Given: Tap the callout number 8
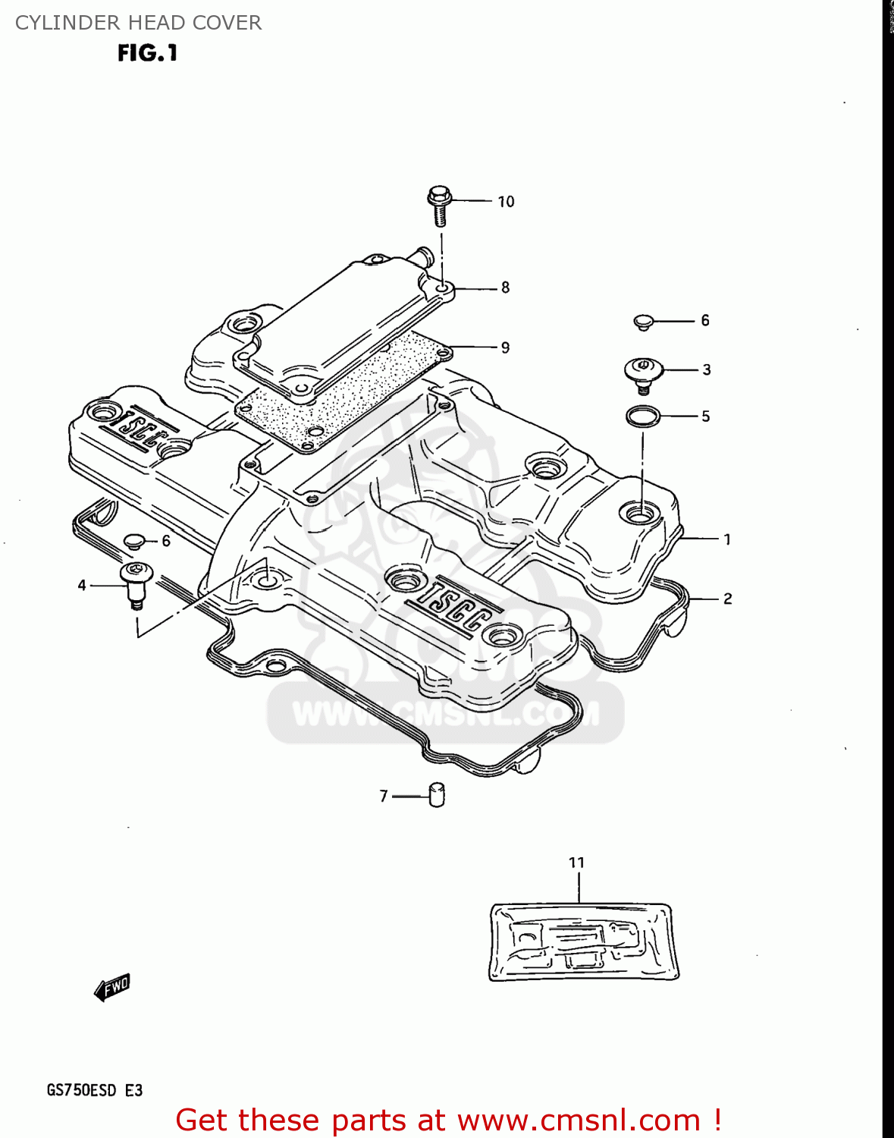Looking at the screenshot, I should [x=505, y=288].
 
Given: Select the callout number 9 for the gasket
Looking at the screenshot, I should [x=505, y=347].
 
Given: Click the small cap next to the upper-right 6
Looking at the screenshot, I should [x=644, y=322].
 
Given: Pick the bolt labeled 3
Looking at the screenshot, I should [x=643, y=373].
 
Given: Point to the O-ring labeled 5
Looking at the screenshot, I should [x=643, y=416].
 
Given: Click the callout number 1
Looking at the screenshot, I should [x=727, y=539].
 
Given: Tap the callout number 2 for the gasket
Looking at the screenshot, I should [x=727, y=599].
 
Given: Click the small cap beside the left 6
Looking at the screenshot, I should [x=134, y=541].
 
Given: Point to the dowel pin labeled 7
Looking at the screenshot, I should [x=437, y=794].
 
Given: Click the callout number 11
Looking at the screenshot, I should [x=577, y=863].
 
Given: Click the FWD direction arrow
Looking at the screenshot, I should [x=111, y=988].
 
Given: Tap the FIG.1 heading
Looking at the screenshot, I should [x=147, y=53].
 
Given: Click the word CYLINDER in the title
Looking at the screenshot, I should [x=56, y=23].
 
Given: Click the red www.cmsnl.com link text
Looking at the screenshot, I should [x=579, y=1121].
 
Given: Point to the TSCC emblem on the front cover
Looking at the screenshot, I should [x=450, y=604].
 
